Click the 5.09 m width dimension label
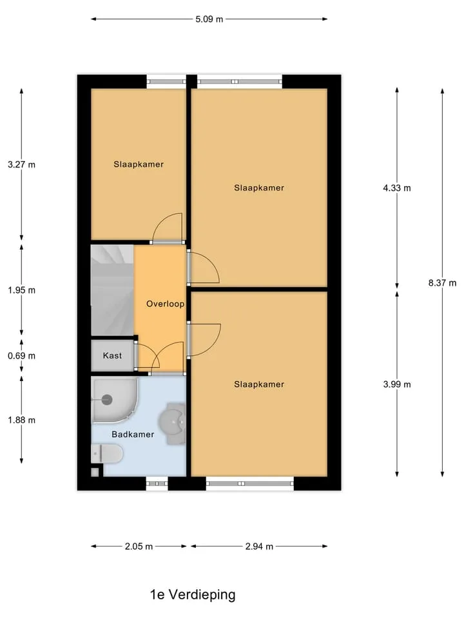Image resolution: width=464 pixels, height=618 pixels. pyautogui.click(x=209, y=19)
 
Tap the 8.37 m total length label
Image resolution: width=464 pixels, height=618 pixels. pyautogui.click(x=442, y=283)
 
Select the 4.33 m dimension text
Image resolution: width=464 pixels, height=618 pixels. pyautogui.click(x=397, y=188)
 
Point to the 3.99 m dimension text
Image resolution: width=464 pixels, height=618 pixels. pyautogui.click(x=397, y=384)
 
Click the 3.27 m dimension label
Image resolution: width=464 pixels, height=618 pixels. pyautogui.click(x=22, y=164)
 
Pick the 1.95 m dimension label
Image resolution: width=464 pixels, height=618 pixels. pyautogui.click(x=22, y=290)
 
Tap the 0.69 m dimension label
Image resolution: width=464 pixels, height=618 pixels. pyautogui.click(x=22, y=356)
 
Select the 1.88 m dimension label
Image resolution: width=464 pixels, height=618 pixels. pyautogui.click(x=22, y=420)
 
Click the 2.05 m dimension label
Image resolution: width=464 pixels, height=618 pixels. pyautogui.click(x=139, y=547)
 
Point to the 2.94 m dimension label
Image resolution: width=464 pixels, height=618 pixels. pyautogui.click(x=259, y=547)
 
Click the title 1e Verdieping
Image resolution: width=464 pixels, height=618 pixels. pyautogui.click(x=193, y=595)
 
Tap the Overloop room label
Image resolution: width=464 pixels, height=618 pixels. pyautogui.click(x=166, y=304)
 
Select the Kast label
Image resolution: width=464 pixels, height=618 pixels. pyautogui.click(x=112, y=355)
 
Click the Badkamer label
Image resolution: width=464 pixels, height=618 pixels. pyautogui.click(x=133, y=435)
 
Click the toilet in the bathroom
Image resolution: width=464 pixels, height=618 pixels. pyautogui.click(x=107, y=454)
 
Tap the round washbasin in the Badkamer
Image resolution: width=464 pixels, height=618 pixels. pyautogui.click(x=173, y=423)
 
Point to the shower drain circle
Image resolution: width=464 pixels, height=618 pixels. pyautogui.click(x=107, y=400)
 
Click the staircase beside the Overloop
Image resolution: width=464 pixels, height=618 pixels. pyautogui.click(x=112, y=290)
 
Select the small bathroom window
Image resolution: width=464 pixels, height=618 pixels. pyautogui.click(x=157, y=483)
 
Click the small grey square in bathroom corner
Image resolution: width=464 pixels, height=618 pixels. pyautogui.click(x=95, y=472)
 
